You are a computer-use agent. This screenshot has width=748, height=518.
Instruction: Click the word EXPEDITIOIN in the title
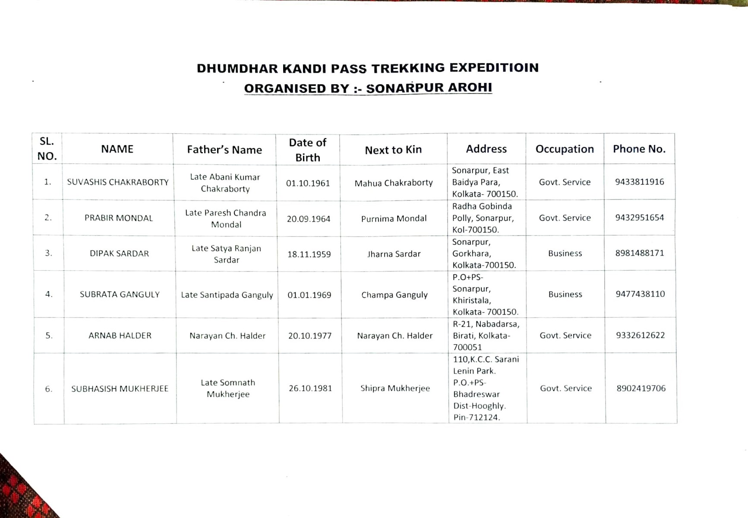point(494,68)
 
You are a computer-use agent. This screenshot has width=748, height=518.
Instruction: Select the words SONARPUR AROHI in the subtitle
point(429,88)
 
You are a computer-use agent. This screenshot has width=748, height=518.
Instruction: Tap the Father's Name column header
point(224,150)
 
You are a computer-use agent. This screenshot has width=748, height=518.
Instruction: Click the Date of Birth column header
point(308,150)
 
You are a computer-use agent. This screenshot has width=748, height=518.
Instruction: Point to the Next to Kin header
point(393,150)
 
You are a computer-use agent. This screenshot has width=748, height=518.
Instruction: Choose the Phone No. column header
point(639,149)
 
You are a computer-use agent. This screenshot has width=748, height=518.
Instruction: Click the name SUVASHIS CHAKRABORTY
point(118,182)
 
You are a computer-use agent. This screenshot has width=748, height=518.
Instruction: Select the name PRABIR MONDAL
point(119,218)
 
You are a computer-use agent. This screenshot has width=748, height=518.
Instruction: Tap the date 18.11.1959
point(309,254)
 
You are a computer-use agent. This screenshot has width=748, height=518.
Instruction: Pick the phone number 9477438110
point(640,294)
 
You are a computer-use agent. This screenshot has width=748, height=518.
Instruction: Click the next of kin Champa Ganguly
point(395,295)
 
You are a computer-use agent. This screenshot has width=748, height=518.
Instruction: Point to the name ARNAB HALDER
point(120,335)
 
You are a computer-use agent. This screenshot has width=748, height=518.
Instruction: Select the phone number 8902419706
point(641,388)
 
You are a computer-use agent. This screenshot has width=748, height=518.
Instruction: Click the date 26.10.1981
point(310,388)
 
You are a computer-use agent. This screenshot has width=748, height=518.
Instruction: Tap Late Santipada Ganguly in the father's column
point(227,295)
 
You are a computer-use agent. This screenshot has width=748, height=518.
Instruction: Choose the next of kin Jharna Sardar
point(394,254)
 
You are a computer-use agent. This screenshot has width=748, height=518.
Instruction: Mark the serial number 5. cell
point(49,335)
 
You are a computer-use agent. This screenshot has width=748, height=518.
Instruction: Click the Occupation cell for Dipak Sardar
point(565,253)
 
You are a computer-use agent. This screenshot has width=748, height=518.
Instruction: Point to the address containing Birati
point(486,335)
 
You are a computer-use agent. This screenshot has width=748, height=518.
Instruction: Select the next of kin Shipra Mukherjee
point(395,388)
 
